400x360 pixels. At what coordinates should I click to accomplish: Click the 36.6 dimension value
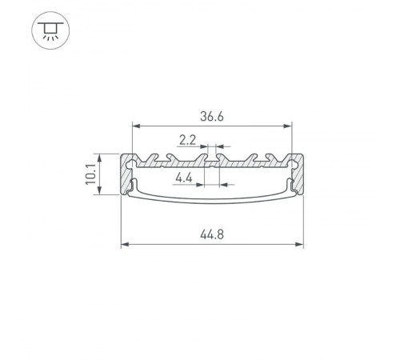(x=213, y=116)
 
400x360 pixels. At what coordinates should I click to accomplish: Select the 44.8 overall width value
(x=212, y=235)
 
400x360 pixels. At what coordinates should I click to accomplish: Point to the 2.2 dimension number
(x=188, y=140)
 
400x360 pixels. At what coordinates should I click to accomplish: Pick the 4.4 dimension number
(x=183, y=178)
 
